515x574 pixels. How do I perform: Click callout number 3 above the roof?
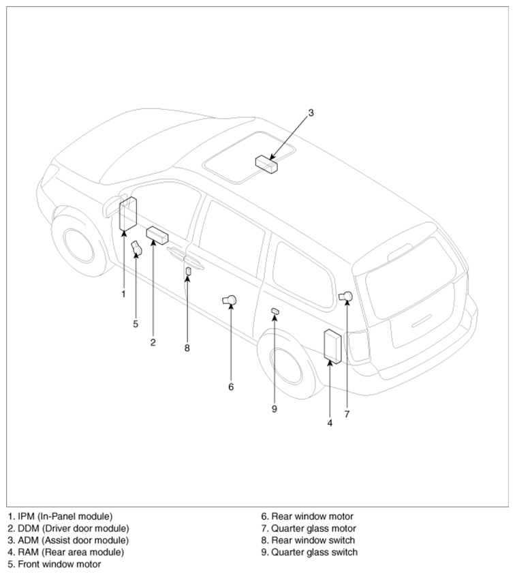(x=311, y=113)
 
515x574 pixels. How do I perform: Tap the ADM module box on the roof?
(x=266, y=164)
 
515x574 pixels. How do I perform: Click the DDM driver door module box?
(x=158, y=236)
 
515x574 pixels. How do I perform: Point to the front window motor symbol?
(x=137, y=249)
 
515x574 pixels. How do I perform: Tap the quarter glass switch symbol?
(x=275, y=311)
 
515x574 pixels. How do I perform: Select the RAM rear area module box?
(x=333, y=346)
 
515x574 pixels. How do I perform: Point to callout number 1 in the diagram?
(x=123, y=294)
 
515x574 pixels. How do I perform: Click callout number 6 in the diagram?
(x=231, y=387)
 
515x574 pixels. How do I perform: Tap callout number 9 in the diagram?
(x=275, y=409)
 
